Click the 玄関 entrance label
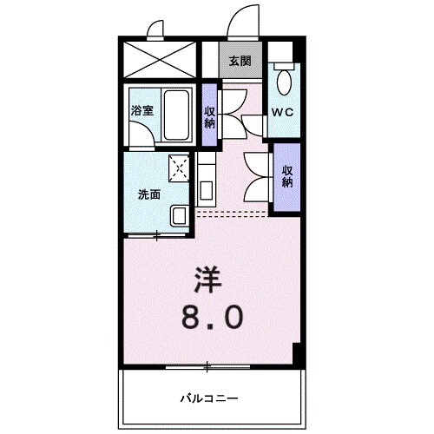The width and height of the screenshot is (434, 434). coord(240,61)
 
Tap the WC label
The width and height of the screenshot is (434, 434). coord(283,113)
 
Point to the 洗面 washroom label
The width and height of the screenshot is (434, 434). coord(149,194)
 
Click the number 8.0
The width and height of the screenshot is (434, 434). coord(211,318)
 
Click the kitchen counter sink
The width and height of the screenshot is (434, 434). coord(207,187)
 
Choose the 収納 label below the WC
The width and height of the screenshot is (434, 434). coord(286,177)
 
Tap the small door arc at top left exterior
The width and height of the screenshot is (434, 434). coord(156,31)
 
